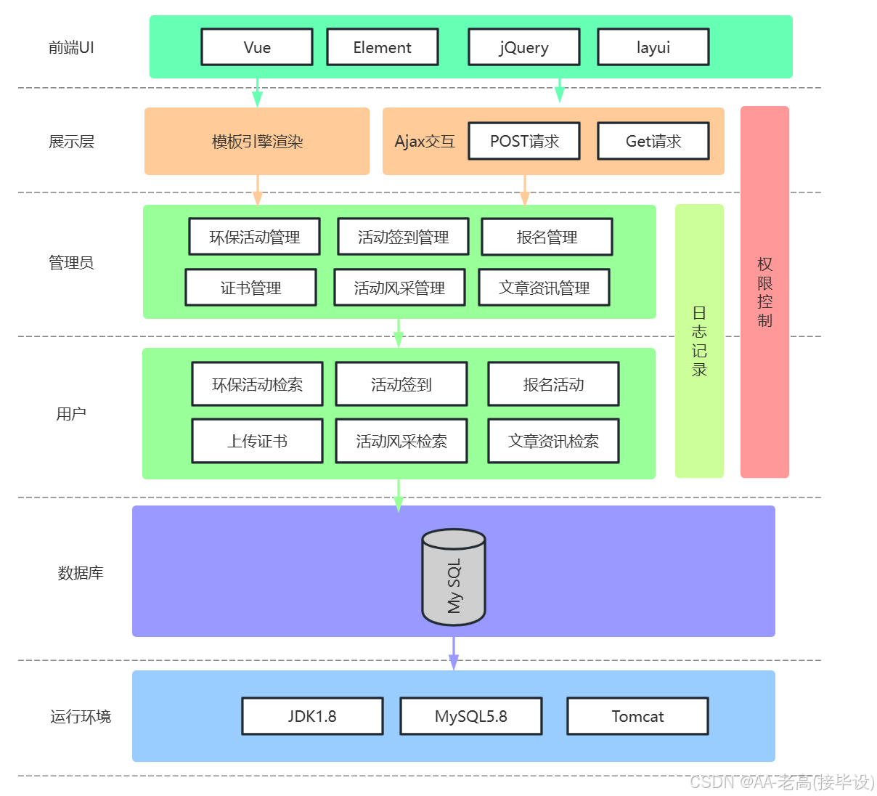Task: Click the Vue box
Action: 257,47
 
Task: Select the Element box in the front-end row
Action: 383,47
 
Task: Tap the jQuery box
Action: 523,47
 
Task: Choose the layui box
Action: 653,47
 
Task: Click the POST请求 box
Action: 524,141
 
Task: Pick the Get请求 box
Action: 653,141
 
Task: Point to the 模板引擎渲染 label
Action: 257,142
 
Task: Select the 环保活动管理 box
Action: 254,237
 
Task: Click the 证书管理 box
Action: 250,288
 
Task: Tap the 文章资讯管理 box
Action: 544,288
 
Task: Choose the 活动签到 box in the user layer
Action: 401,384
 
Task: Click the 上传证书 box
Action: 257,441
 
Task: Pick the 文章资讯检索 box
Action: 553,441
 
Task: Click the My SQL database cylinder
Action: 454,577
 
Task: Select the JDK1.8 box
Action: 312,716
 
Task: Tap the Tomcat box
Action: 637,716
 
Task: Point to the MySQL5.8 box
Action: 470,716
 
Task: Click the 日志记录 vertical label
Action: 699,341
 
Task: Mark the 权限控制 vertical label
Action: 764,292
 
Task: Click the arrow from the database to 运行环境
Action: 454,654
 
